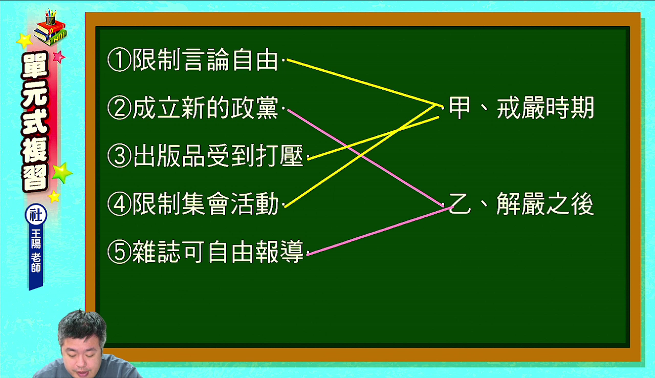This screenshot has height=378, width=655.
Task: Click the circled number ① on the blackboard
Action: coord(119,60)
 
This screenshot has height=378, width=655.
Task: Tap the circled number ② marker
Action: coord(119,108)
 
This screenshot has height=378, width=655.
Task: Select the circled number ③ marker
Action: coord(119,156)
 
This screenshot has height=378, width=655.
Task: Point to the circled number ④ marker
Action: coord(119,204)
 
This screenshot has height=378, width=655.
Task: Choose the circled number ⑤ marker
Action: coord(119,252)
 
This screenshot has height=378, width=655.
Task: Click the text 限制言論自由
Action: coord(205,60)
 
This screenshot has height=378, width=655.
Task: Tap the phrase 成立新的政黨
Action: coord(205,108)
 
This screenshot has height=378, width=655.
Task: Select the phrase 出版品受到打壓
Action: coord(218,156)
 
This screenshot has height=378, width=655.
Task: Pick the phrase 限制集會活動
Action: coord(205,204)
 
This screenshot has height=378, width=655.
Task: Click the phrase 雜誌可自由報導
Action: coord(218,252)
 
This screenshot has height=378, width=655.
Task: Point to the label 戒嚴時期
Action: coord(545,108)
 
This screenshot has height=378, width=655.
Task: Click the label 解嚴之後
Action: coord(545,204)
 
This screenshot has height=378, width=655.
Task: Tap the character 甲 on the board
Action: coord(460,108)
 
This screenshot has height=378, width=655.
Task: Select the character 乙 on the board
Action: coord(460,204)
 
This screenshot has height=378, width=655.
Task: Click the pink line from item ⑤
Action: coord(381,231)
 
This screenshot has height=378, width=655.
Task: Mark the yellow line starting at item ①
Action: coord(365,83)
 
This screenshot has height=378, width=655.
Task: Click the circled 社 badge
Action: coord(36,215)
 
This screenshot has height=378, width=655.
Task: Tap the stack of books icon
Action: coord(50,28)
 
